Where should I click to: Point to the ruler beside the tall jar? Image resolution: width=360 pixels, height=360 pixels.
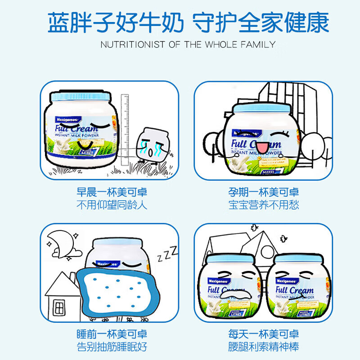click(126, 130)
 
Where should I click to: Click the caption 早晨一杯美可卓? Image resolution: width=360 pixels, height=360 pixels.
click(112, 193)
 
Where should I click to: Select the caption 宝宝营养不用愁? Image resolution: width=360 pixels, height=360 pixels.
click(263, 205)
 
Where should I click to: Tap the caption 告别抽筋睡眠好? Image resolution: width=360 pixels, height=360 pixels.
click(112, 347)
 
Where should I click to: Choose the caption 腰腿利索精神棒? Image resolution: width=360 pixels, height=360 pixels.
click(263, 347)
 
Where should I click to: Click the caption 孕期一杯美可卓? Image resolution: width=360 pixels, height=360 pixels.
click(263, 193)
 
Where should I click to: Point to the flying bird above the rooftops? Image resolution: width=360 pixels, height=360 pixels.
click(255, 228)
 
